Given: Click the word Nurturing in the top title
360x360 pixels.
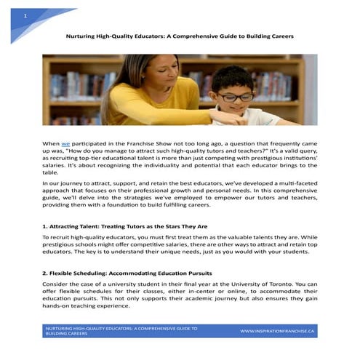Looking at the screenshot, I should [x=82, y=35].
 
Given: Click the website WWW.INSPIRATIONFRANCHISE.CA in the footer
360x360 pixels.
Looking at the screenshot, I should [x=277, y=331].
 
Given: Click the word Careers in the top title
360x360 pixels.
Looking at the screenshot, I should [x=280, y=35].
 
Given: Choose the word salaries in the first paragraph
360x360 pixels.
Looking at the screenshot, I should [x=56, y=164].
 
